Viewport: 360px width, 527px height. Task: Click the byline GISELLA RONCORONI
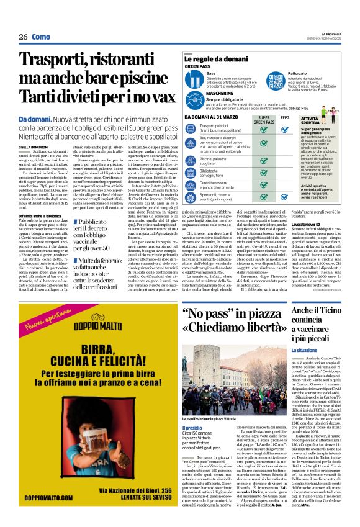[35, 146]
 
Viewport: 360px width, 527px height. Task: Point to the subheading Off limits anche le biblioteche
[45, 197]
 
